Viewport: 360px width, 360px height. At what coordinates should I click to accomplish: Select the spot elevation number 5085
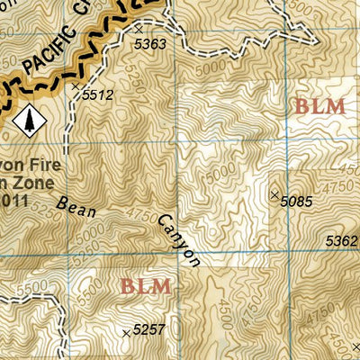click(x=296, y=202)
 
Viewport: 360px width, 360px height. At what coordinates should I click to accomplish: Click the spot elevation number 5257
click(x=148, y=331)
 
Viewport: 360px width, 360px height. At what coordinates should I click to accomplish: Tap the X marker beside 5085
click(x=274, y=194)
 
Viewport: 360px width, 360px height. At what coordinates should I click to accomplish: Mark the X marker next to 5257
click(x=125, y=332)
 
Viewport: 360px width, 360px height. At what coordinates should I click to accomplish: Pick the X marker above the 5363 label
click(x=138, y=30)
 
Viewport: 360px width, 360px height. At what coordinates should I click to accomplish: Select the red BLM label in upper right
click(x=319, y=106)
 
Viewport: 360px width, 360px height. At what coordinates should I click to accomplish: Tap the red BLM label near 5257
click(x=145, y=287)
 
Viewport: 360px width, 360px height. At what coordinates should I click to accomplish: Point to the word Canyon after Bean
click(x=178, y=239)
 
